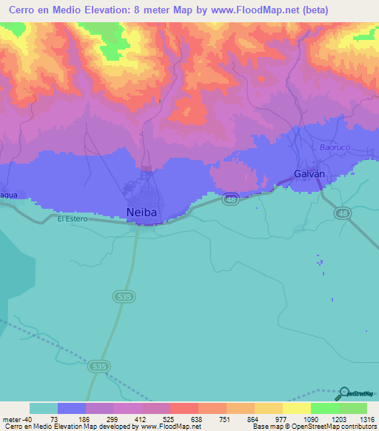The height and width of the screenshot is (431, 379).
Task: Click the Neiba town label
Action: click(141, 213)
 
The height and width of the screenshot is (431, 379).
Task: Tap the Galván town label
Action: click(308, 174)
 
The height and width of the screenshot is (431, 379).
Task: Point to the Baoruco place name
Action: click(335, 147)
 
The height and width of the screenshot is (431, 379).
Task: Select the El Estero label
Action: click(73, 218)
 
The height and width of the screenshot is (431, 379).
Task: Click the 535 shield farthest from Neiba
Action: click(99, 366)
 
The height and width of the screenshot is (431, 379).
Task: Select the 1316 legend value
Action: click(365, 419)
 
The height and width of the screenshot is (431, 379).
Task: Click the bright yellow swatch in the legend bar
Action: click(296, 408)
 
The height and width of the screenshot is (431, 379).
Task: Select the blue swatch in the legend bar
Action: click(72, 408)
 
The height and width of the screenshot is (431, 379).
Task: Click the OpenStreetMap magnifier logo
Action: click(345, 394)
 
